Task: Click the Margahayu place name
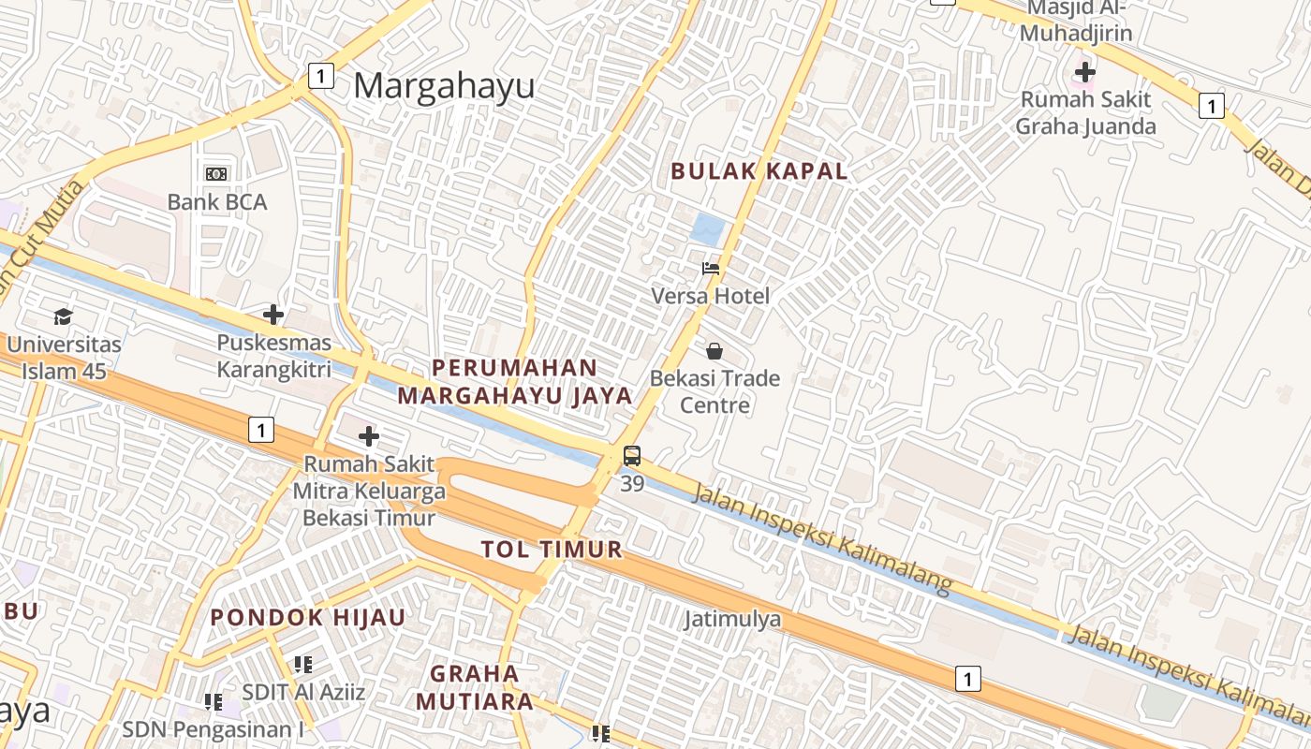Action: pyautogui.click(x=444, y=86)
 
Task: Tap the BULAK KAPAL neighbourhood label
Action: pyautogui.click(x=759, y=171)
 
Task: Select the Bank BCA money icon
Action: pyautogui.click(x=216, y=174)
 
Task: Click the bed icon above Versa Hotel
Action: pyautogui.click(x=712, y=269)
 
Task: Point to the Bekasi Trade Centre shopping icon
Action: pyautogui.click(x=714, y=351)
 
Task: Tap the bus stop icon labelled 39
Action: pyautogui.click(x=632, y=457)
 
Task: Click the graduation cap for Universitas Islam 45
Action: pyautogui.click(x=63, y=316)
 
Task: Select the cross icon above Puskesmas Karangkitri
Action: pyautogui.click(x=273, y=315)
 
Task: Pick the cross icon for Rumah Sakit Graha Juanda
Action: pyautogui.click(x=1085, y=71)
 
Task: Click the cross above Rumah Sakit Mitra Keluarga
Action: pyautogui.click(x=369, y=436)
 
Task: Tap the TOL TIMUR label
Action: pyautogui.click(x=552, y=550)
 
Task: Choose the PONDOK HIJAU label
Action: pyautogui.click(x=308, y=618)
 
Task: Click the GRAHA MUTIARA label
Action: pyautogui.click(x=475, y=687)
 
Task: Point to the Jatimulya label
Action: pyautogui.click(x=732, y=619)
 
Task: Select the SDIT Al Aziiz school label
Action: pyautogui.click(x=303, y=693)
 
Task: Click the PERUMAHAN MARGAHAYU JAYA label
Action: pyautogui.click(x=515, y=382)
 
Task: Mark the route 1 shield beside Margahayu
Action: pyautogui.click(x=321, y=76)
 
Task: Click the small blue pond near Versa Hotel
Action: pyautogui.click(x=708, y=229)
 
